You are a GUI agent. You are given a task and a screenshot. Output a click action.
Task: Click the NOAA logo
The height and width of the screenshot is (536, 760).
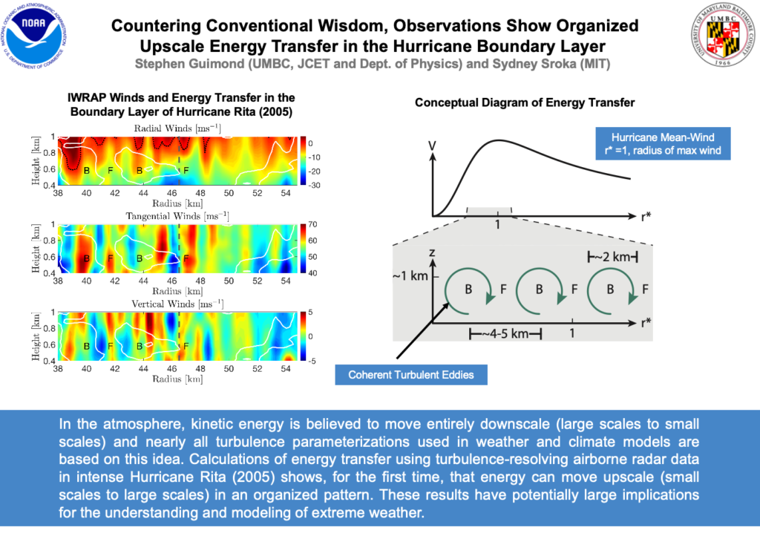(x=37, y=36)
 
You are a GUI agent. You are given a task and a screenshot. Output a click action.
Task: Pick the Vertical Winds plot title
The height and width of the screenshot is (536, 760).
(x=178, y=304)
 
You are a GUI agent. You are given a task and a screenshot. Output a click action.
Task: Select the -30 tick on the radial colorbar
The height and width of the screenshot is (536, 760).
(x=312, y=186)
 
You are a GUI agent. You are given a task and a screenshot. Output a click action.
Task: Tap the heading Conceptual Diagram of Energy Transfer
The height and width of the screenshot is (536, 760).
(x=525, y=102)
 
